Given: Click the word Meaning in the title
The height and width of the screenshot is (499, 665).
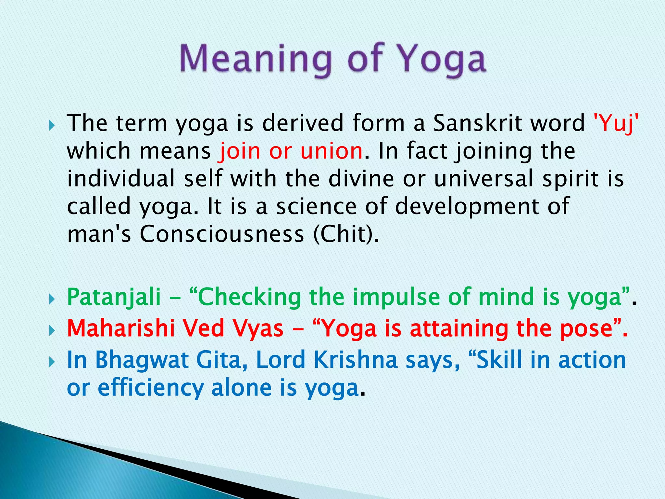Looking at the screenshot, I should (x=255, y=59).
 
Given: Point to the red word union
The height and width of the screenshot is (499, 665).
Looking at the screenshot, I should (x=331, y=151).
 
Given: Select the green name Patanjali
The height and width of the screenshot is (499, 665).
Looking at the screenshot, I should (x=114, y=298).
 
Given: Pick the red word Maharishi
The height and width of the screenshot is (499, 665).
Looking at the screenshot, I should (x=121, y=329).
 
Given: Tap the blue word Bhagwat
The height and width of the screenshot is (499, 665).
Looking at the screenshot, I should (x=142, y=360).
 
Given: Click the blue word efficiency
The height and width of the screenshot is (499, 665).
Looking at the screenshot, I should (x=151, y=388).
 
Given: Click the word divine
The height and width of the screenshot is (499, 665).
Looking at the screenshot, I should (x=361, y=179).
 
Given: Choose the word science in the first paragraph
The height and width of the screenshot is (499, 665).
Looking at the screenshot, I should (x=316, y=207).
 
